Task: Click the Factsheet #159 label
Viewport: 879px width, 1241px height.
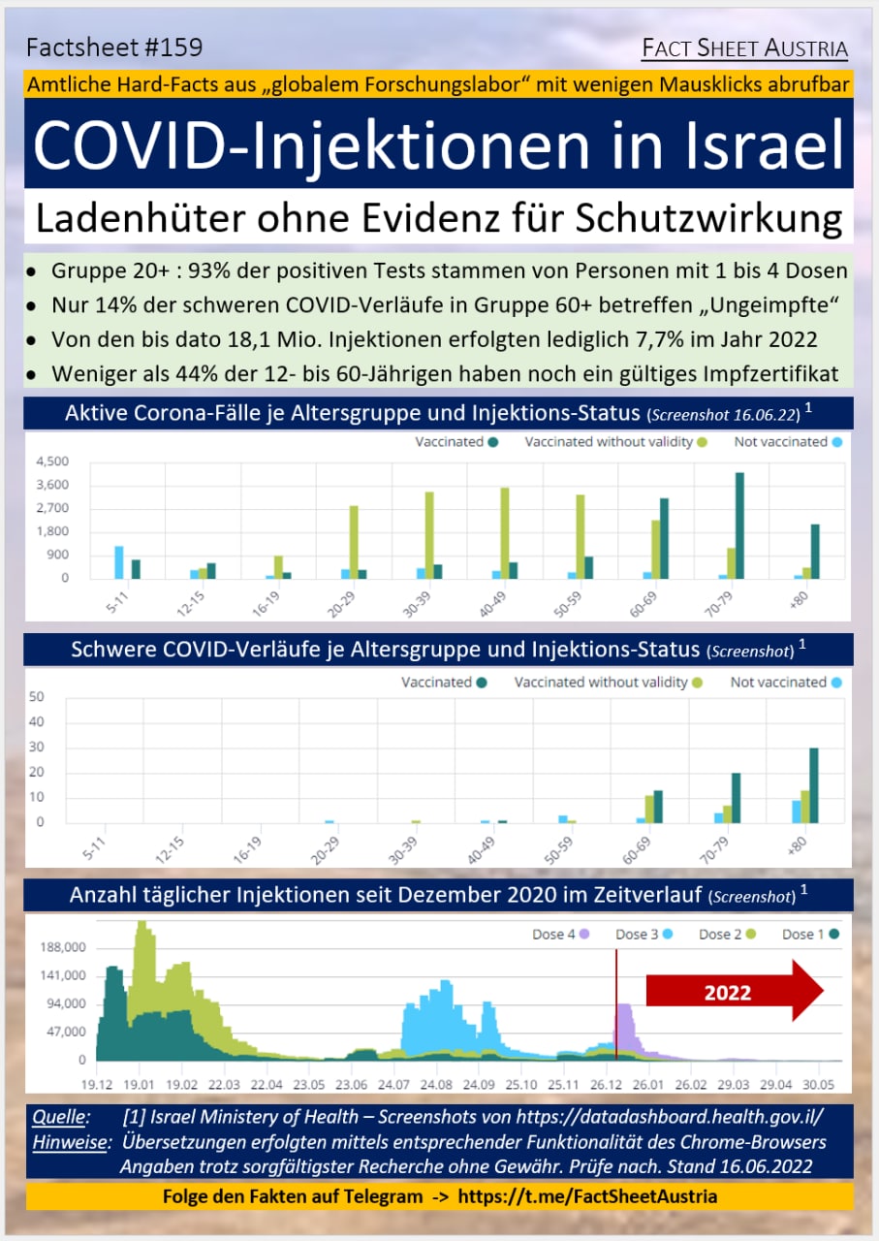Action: coord(114,48)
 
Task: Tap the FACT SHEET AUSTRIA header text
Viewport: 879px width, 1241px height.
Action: coord(745,48)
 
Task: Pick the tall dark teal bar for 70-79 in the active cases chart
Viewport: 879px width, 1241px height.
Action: coord(739,525)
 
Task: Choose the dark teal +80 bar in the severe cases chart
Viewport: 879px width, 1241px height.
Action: coord(814,784)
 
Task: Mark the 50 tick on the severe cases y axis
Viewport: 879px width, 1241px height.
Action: coord(37,696)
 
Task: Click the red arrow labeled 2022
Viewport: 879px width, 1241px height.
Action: coord(734,992)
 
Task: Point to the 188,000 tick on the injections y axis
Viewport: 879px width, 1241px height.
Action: coord(60,947)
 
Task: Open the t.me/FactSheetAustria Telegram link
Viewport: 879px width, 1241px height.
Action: coord(587,1195)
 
